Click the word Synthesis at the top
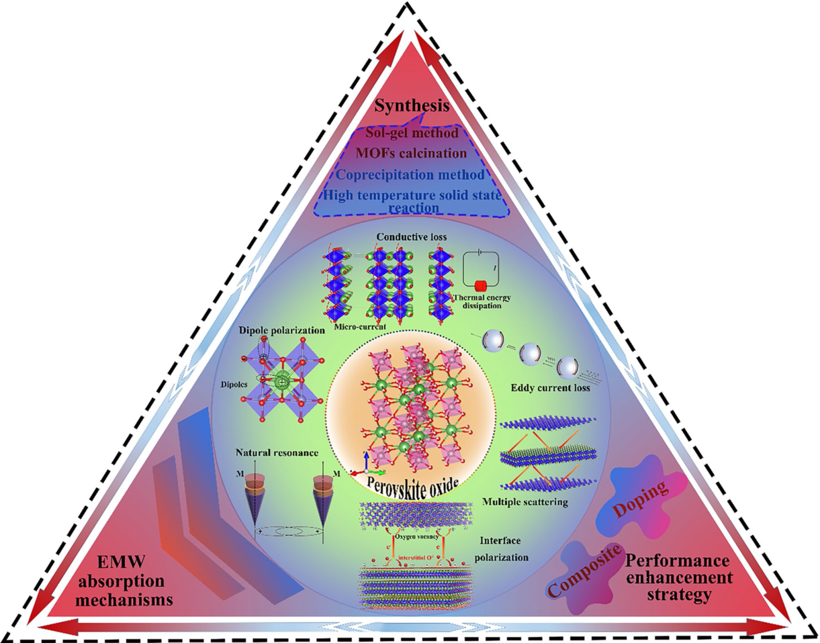click(x=411, y=107)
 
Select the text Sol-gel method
click(x=411, y=133)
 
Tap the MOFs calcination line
click(x=411, y=153)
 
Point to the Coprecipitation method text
click(x=411, y=175)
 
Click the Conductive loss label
click(x=410, y=237)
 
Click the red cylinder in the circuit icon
click(x=480, y=285)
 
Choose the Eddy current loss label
click(x=545, y=388)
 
